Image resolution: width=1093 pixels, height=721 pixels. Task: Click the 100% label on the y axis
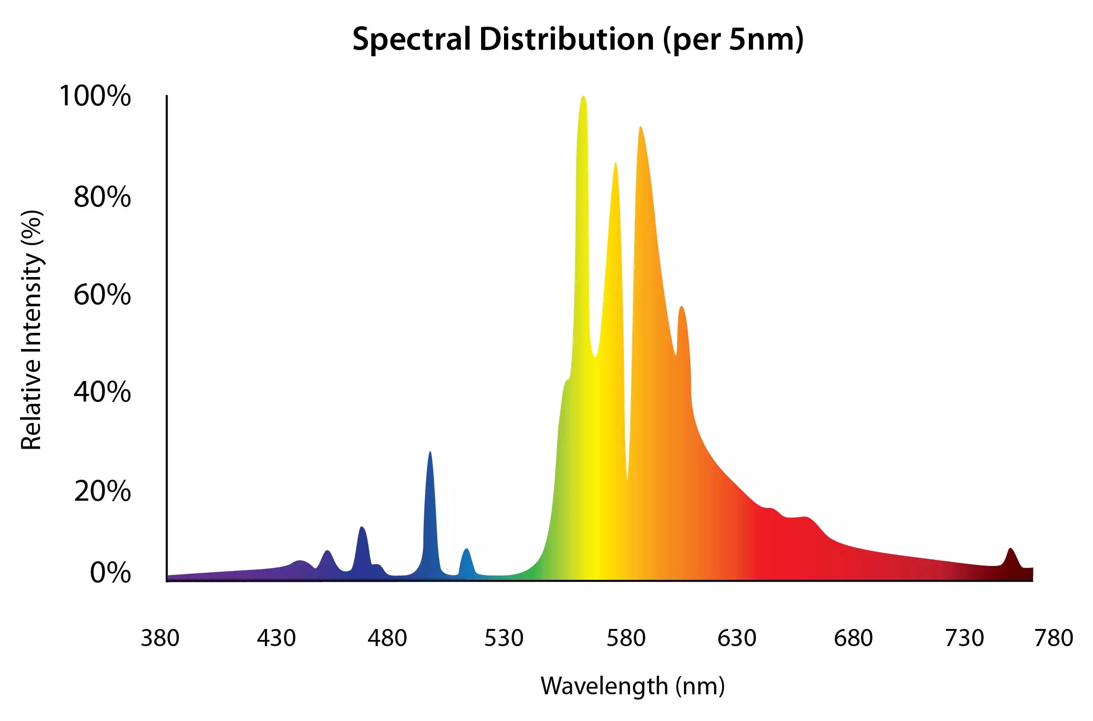coord(95,96)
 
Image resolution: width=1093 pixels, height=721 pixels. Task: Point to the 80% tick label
coord(102,197)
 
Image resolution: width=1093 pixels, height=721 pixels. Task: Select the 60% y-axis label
coord(102,295)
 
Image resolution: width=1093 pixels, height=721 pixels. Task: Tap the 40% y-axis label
coord(102,392)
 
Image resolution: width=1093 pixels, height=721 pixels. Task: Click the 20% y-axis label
coord(102,491)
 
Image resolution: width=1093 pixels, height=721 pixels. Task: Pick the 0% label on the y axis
coord(110,573)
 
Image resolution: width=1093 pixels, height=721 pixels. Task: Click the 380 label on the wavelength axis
coord(160,638)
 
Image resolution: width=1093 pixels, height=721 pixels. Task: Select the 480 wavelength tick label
coord(387,638)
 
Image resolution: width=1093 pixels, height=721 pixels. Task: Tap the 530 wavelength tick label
coord(504,638)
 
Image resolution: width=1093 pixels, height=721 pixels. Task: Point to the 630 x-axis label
coord(737,638)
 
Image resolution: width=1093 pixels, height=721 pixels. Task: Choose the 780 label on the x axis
coord(1054,638)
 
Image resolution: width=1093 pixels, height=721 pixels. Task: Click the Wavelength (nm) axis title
coord(632,686)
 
